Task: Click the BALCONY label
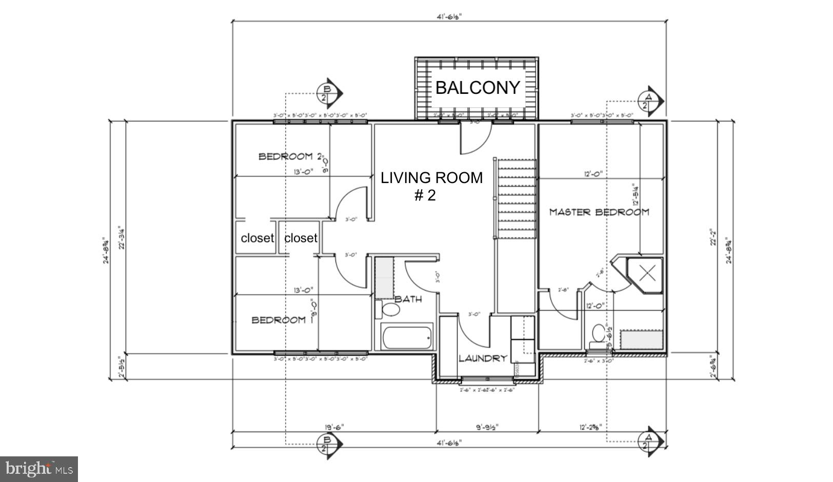pyautogui.click(x=478, y=88)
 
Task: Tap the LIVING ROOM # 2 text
pyautogui.click(x=431, y=186)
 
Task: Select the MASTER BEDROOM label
pyautogui.click(x=599, y=212)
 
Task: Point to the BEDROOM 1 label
pyautogui.click(x=279, y=320)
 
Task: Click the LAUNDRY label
pyautogui.click(x=483, y=358)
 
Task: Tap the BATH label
pyautogui.click(x=408, y=299)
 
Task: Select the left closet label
pyautogui.click(x=257, y=238)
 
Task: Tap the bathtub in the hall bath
pyautogui.click(x=407, y=337)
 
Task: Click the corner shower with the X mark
pyautogui.click(x=648, y=273)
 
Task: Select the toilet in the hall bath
pyautogui.click(x=390, y=310)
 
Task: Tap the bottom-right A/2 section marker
pyautogui.click(x=649, y=441)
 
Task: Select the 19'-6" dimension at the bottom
pyautogui.click(x=334, y=427)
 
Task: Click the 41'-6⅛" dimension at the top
pyautogui.click(x=449, y=16)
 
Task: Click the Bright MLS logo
pyautogui.click(x=39, y=469)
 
